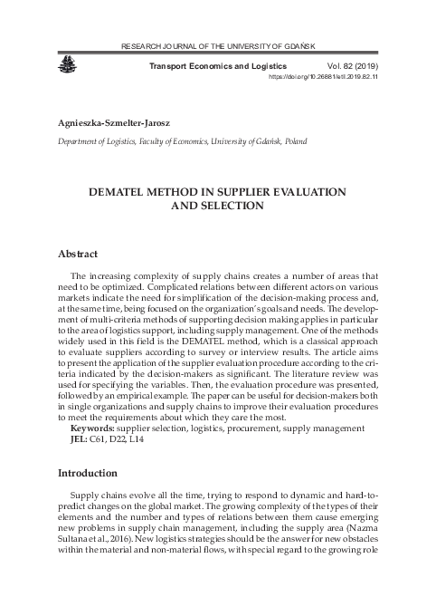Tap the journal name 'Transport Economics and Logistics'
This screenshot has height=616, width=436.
pos(223,67)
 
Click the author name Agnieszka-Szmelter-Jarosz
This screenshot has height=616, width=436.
pos(115,121)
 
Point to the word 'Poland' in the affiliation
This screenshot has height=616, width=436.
pos(290,141)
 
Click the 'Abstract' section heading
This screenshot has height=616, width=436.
pos(78,255)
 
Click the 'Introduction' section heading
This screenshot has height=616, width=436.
pos(88,473)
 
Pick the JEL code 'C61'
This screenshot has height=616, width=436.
pos(103,438)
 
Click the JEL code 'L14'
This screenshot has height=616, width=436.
pos(137,438)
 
